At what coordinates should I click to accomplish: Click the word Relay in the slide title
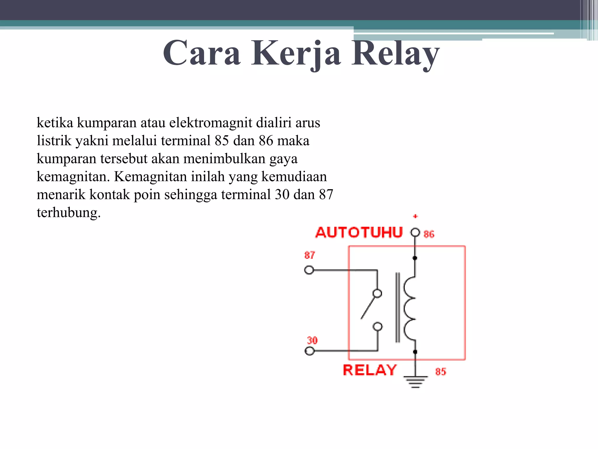pyautogui.click(x=395, y=53)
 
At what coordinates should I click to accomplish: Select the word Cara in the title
pyautogui.click(x=202, y=53)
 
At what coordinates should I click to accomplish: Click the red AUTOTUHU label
pyautogui.click(x=359, y=233)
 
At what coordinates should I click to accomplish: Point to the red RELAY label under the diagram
pyautogui.click(x=370, y=370)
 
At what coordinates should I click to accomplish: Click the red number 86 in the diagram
pyautogui.click(x=429, y=234)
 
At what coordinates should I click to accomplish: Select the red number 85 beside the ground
pyautogui.click(x=441, y=372)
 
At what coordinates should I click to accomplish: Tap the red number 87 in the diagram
pyautogui.click(x=310, y=255)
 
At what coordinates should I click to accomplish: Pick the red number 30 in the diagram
pyautogui.click(x=312, y=340)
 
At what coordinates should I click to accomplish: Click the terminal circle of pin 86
pyautogui.click(x=415, y=233)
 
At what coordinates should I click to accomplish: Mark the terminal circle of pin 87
pyautogui.click(x=309, y=270)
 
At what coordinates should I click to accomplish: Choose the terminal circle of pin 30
pyautogui.click(x=310, y=350)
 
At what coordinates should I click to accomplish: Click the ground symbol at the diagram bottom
pyautogui.click(x=416, y=381)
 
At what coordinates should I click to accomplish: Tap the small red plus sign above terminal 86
pyautogui.click(x=415, y=216)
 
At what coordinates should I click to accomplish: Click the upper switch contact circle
pyautogui.click(x=377, y=293)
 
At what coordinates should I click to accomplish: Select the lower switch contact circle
pyautogui.click(x=378, y=327)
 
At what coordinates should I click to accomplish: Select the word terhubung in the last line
pyautogui.click(x=69, y=213)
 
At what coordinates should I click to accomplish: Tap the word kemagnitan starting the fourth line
pyautogui.click(x=73, y=177)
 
